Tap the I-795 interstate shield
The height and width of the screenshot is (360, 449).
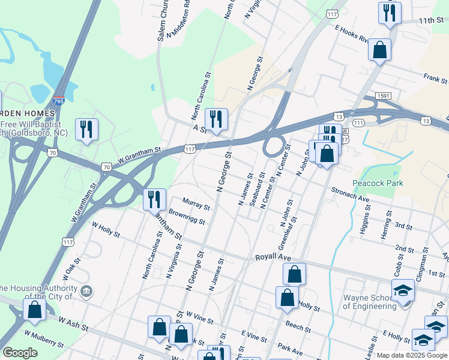(x=59, y=103)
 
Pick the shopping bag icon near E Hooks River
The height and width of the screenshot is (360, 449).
(x=379, y=50)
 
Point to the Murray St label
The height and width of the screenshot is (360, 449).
(x=196, y=204)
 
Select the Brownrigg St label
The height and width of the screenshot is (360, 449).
(x=187, y=217)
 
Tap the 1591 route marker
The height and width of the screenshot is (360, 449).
(x=384, y=96)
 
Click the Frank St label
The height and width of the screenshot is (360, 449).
(x=435, y=77)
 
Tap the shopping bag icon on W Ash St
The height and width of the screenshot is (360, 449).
(x=34, y=310)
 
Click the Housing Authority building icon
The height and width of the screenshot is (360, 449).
(x=87, y=292)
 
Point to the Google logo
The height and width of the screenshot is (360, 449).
(x=20, y=352)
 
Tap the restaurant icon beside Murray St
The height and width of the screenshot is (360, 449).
(x=155, y=199)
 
